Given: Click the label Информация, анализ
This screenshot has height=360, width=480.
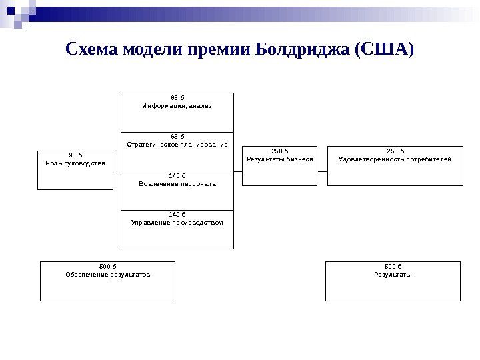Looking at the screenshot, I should pos(177,106).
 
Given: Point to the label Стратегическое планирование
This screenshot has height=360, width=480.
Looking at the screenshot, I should pos(177,145).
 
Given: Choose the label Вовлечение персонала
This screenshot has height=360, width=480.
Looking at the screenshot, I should pos(177,184).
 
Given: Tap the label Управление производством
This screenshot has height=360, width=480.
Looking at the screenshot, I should pos(177,223).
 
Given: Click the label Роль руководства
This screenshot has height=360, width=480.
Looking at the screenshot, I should pos(75,163).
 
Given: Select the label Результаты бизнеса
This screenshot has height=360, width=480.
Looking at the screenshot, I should pos(280,159).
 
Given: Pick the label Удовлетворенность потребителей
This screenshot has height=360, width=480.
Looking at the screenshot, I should pos(395,159).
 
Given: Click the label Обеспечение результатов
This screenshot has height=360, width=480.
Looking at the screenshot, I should pos(107,274).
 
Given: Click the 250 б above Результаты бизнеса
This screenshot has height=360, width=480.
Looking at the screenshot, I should pos(280,151).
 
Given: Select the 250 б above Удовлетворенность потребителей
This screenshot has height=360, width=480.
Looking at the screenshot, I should pos(395,151).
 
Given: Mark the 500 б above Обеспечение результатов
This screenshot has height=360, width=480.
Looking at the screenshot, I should pos(107,266).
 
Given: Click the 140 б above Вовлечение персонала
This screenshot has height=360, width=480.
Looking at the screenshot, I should pos(177,176).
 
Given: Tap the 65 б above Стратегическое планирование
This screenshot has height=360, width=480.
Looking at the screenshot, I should pos(177,137).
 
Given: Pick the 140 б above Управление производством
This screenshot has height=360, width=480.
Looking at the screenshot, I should pos(177,215).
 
